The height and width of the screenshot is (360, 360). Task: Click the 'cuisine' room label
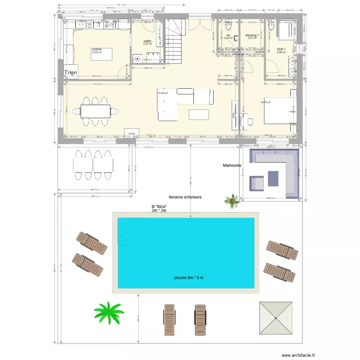pos(97,49)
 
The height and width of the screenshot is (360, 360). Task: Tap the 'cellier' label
pos(147,41)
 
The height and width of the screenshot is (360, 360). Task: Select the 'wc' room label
pos(228,35)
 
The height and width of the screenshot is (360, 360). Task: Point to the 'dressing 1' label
pos(252,35)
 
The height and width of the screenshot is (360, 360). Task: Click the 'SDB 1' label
pos(281,49)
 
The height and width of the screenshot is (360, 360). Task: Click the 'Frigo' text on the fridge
pos(71,72)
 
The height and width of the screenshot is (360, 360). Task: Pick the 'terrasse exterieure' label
pos(185,197)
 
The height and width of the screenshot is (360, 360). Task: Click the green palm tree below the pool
pos(108,313)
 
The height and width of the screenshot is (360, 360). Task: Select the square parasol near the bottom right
pos(276,318)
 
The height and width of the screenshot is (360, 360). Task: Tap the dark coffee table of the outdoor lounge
pos(274,178)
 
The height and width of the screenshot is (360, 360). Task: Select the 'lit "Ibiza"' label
pos(159,206)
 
